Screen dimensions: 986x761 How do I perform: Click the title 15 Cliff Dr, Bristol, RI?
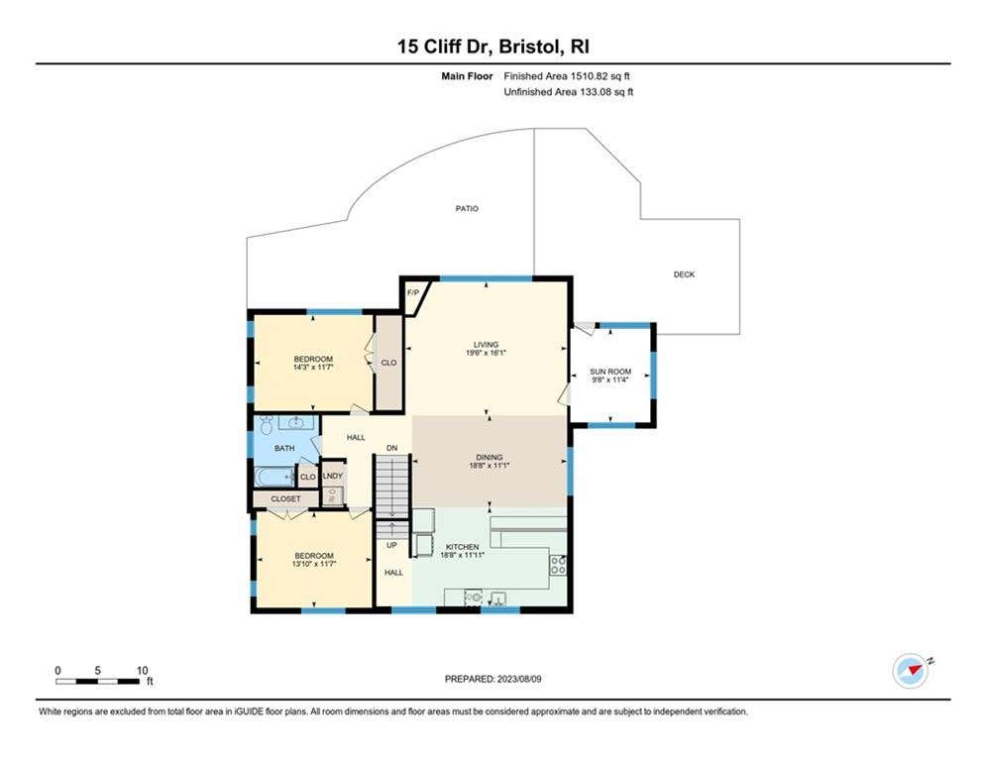493,47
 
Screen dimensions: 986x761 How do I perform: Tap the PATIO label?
467,208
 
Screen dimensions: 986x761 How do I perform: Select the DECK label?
684,274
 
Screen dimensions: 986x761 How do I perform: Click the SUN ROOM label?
610,372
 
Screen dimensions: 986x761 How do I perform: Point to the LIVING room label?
487,345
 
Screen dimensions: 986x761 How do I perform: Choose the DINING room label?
490,457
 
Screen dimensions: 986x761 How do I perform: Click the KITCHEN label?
462,547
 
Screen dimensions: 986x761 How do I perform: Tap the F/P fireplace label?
413,293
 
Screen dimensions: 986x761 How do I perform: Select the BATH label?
284,449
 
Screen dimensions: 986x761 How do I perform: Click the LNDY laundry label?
333,476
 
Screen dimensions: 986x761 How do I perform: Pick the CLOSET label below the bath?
286,498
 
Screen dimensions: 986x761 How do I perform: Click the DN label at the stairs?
391,448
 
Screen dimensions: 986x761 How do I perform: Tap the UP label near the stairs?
391,545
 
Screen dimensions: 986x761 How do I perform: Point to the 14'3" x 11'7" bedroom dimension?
313,367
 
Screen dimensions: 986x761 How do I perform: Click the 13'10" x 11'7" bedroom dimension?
314,564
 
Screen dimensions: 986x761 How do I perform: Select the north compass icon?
911,671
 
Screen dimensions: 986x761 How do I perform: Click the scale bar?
97,681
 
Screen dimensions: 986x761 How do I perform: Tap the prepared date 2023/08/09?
519,679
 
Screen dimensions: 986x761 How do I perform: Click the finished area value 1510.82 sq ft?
600,76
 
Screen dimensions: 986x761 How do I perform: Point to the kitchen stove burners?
558,564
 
